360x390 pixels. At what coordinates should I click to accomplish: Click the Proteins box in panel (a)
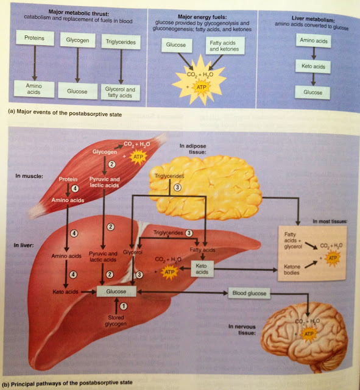[x=35, y=38]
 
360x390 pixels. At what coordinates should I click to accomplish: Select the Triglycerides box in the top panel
[x=121, y=42]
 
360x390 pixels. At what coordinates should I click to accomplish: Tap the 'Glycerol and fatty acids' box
[x=121, y=92]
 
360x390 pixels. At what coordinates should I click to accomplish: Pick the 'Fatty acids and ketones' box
[x=225, y=46]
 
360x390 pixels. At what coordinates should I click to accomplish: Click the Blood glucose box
[x=249, y=293]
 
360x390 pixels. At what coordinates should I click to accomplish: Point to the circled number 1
[x=124, y=306]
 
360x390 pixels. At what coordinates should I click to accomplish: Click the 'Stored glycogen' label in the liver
[x=116, y=321]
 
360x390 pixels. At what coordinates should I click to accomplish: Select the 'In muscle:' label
[x=29, y=176]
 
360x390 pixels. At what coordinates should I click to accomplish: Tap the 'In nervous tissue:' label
[x=242, y=330]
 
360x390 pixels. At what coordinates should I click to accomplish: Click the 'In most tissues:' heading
[x=330, y=221]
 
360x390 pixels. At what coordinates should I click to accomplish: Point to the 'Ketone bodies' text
[x=292, y=269]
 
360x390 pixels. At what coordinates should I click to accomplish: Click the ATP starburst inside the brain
[x=309, y=334]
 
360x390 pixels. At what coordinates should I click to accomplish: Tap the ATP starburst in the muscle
[x=138, y=157]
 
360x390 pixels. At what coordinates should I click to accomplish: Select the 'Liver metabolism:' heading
[x=313, y=19]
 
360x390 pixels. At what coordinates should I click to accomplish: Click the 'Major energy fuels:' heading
[x=202, y=17]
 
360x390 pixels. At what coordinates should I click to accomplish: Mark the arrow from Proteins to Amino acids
[x=35, y=63]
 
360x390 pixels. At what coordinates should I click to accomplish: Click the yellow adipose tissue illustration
[x=205, y=188]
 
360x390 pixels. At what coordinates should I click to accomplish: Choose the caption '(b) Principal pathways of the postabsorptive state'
[x=68, y=383]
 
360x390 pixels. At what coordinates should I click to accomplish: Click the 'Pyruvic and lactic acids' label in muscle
[x=104, y=182]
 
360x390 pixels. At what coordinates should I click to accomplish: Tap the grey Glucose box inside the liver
[x=116, y=291]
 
